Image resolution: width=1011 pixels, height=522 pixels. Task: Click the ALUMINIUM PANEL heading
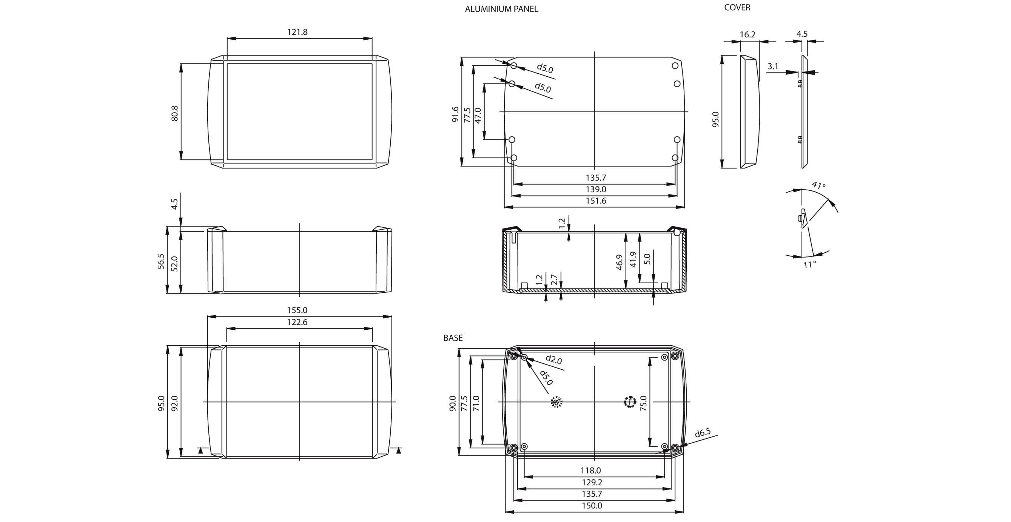[501, 9]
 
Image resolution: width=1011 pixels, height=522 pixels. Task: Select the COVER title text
[737, 8]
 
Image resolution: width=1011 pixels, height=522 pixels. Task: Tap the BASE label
[453, 338]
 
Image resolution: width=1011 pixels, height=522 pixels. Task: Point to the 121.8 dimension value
[297, 32]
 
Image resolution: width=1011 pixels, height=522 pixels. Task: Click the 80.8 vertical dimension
[175, 113]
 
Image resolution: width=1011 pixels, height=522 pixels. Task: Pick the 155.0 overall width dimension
[297, 310]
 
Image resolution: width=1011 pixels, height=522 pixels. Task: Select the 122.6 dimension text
[297, 322]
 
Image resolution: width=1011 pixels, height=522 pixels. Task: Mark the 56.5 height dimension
[161, 261]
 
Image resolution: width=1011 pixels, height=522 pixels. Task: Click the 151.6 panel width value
[596, 201]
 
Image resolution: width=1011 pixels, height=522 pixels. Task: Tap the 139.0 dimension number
[596, 189]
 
